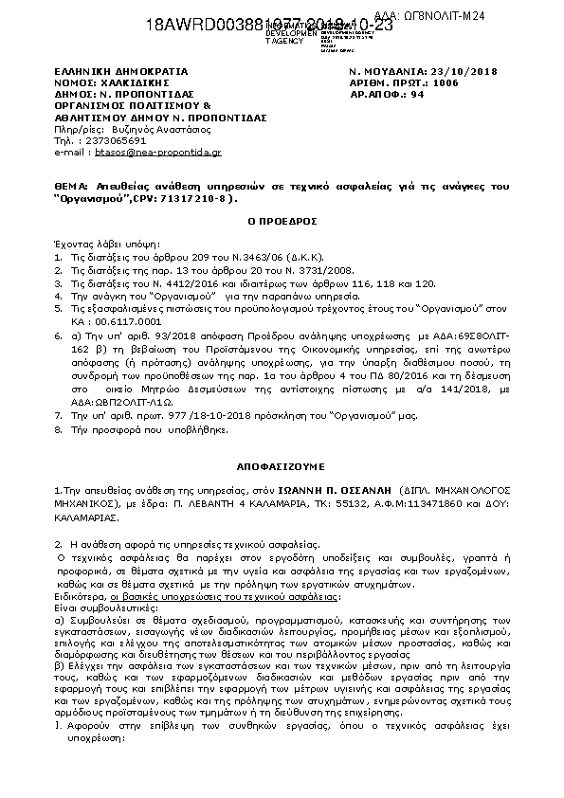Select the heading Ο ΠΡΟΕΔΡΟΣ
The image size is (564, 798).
(x=281, y=218)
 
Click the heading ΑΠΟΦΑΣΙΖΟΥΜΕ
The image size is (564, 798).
(x=281, y=467)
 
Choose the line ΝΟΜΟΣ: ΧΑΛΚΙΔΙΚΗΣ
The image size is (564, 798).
(x=113, y=83)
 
